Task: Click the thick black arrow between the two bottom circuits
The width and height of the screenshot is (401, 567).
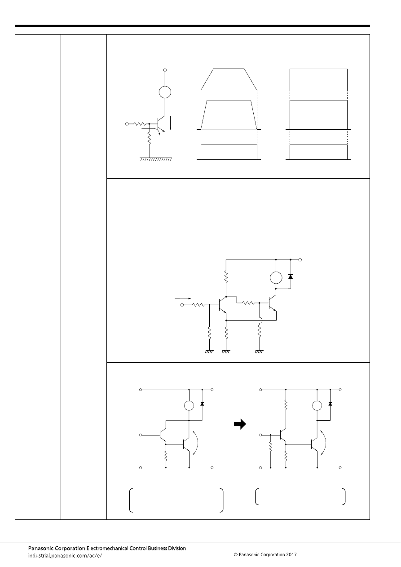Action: tap(240, 424)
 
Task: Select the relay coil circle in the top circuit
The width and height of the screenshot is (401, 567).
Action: tap(165, 92)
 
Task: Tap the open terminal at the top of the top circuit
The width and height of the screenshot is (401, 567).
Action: tap(165, 70)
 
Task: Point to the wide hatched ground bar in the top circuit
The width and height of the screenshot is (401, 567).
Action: tap(156, 159)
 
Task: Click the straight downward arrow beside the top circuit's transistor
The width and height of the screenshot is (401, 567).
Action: tap(170, 123)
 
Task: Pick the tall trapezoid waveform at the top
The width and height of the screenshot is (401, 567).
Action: tap(229, 79)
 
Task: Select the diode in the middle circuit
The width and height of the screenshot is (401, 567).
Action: tap(291, 277)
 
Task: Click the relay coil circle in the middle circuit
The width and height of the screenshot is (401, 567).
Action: tap(276, 278)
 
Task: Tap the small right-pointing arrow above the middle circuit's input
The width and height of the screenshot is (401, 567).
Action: tap(183, 299)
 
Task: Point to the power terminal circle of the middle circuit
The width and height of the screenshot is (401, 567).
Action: tap(300, 259)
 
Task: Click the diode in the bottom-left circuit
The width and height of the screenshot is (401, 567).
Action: tap(202, 404)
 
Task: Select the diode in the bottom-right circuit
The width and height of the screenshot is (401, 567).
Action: tap(330, 404)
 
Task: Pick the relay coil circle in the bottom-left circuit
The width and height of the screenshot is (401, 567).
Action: tap(189, 406)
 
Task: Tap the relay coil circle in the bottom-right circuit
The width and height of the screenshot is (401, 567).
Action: tap(317, 406)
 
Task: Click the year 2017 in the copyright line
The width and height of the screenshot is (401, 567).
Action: tap(291, 554)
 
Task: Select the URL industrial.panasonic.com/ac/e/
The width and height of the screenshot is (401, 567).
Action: tap(65, 556)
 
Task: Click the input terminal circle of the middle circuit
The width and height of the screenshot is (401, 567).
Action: tap(182, 305)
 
